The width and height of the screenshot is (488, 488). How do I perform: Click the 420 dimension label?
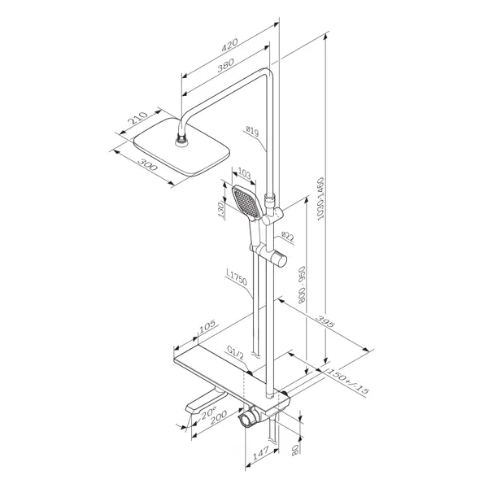[x=229, y=45]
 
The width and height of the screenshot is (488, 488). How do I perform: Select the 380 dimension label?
[x=225, y=65]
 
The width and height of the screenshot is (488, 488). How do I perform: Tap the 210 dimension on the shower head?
[x=138, y=118]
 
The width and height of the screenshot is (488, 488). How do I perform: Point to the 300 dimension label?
[x=147, y=164]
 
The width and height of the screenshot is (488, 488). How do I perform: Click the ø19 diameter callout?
[x=252, y=131]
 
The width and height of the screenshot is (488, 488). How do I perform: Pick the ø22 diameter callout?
[x=287, y=237]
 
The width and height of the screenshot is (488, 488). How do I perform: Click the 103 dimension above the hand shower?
[x=244, y=174]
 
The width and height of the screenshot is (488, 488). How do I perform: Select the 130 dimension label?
[x=220, y=210]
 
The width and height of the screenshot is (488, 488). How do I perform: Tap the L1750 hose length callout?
[x=237, y=277]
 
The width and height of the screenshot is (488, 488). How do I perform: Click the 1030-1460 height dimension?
[x=320, y=199]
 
